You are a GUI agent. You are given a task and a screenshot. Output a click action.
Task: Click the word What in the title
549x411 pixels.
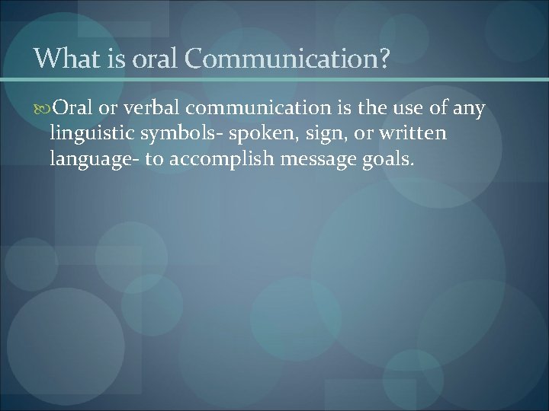click(x=63, y=59)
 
